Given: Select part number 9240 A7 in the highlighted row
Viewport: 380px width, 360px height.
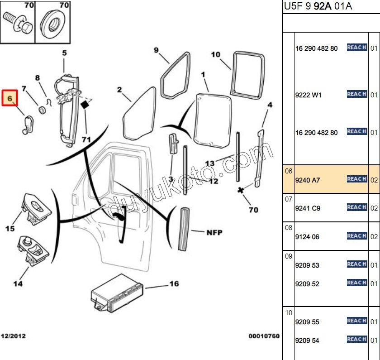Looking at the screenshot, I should tap(308, 180).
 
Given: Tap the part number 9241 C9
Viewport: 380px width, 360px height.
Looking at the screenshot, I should tap(308, 208).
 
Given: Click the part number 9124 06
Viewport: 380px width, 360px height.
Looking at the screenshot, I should tap(307, 236).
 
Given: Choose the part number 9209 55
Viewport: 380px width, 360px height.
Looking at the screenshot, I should tap(307, 322).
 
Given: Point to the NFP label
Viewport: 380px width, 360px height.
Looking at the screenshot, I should tap(214, 232).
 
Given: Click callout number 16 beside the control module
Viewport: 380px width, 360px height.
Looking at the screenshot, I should tap(174, 284).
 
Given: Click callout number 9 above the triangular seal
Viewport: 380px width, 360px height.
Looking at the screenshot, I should tap(157, 50).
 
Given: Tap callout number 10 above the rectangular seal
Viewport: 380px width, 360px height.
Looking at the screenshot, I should tap(215, 55).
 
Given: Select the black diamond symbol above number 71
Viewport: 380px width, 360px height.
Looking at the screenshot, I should tap(84, 105).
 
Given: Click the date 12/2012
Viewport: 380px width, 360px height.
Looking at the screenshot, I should tap(13, 336).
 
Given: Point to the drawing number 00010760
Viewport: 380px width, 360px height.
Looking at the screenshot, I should tap(264, 336).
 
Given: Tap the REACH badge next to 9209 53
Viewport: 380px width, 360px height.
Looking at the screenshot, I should tap(356, 264).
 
